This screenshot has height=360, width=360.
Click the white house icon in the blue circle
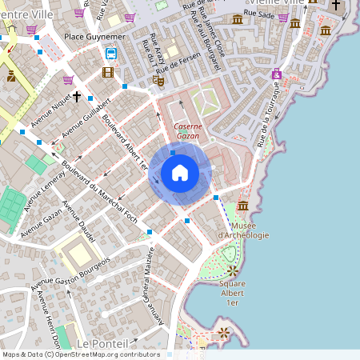coord(180,173)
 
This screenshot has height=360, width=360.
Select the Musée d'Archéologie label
coord(243,230)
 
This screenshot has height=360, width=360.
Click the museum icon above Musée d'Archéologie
coord(242,207)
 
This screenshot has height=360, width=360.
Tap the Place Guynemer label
coord(95,37)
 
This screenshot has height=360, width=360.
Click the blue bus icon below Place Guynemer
coord(110,54)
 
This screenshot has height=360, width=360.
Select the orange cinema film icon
coord(108,73)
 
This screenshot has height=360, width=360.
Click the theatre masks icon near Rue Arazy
coord(160,81)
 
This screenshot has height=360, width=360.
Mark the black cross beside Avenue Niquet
coord(77,97)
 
